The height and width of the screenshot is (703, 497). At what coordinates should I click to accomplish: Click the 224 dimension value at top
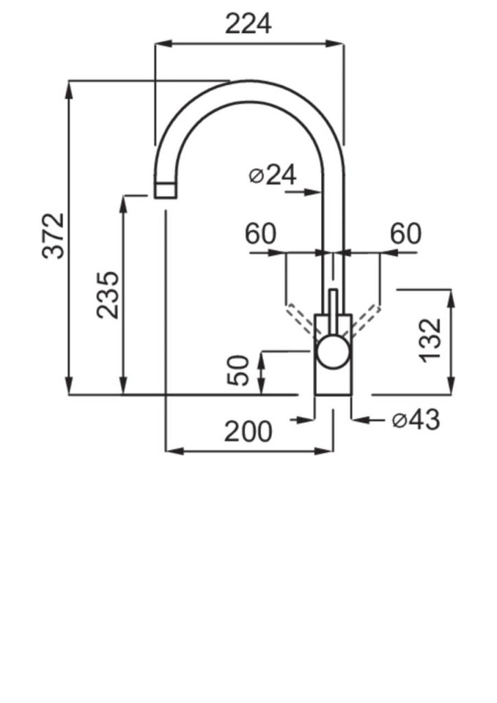(248, 24)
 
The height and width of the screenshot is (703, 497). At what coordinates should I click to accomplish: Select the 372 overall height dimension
(54, 236)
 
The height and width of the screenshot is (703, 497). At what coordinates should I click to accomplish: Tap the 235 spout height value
(108, 295)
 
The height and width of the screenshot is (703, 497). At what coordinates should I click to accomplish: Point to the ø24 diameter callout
(273, 175)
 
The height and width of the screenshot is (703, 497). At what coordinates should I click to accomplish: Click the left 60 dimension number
(260, 233)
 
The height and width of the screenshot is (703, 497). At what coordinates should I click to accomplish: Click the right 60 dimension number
(406, 233)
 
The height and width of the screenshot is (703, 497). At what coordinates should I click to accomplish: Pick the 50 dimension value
(238, 370)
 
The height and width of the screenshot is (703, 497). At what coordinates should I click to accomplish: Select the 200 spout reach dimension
(248, 432)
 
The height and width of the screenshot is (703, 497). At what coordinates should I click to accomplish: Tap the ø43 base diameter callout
(416, 420)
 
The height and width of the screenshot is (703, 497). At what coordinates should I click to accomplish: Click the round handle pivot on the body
(332, 351)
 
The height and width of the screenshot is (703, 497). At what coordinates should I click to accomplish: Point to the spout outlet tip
(165, 190)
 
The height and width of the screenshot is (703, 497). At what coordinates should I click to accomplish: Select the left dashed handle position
(303, 319)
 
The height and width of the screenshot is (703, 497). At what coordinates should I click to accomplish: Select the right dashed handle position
(364, 320)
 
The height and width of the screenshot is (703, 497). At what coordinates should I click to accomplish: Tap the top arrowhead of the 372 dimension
(69, 89)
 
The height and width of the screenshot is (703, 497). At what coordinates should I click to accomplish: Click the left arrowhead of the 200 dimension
(174, 450)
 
